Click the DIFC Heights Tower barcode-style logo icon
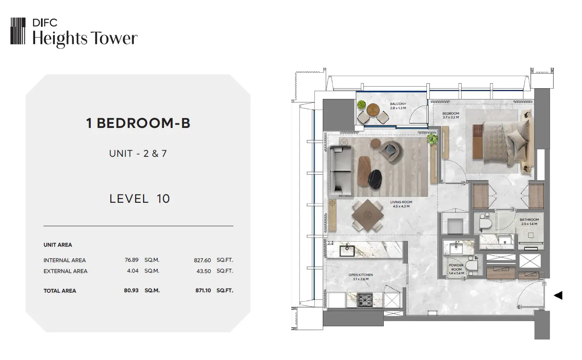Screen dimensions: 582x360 click(x=18, y=31)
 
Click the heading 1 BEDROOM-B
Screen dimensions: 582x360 click(x=138, y=123)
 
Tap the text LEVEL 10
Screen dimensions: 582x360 click(x=140, y=199)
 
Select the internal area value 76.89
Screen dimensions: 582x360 click(x=131, y=260)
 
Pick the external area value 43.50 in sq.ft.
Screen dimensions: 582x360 click(x=204, y=271)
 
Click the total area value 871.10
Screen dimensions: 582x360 click(x=203, y=291)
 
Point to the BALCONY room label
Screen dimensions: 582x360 click(x=398, y=104)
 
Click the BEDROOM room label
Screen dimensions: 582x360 click(x=451, y=113)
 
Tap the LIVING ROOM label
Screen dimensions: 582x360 click(x=401, y=202)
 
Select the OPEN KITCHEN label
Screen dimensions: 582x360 click(x=361, y=275)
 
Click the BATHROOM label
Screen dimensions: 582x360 click(x=529, y=220)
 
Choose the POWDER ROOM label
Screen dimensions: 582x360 click(x=456, y=267)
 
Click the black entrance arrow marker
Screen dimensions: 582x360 click(x=558, y=295)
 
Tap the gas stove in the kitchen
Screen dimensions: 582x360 click(x=365, y=300)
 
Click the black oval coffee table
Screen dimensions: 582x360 click(x=375, y=179)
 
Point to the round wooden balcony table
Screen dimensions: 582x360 click(x=373, y=110)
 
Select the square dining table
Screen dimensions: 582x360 click(x=368, y=215)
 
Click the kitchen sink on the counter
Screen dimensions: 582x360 click(x=347, y=250)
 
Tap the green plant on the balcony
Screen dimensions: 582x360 click(x=361, y=105)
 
